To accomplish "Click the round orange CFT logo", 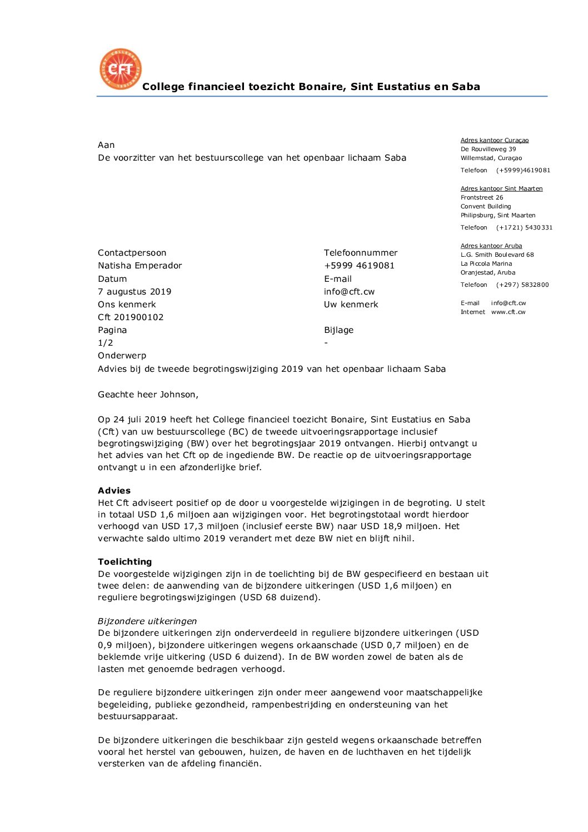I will pos(120,69).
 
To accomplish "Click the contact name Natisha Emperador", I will pos(139,266).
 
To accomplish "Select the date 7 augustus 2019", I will pos(134,292).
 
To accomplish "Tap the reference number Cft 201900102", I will pos(131,317).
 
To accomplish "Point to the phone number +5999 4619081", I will pos(359,266).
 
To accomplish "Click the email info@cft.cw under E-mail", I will pos(349,292).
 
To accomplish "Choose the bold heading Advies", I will pos(114,491).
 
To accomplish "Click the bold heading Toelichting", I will pos(124,562).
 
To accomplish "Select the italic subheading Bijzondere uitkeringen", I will pos(147,621).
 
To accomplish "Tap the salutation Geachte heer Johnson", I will pos(148,395).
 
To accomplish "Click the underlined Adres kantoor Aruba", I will pos(491,246).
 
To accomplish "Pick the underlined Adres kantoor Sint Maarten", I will pos(501,188).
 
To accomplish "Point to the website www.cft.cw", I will pos(508,312).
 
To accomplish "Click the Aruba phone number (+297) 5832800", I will pos(522,285).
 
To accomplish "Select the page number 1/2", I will pos(105,343).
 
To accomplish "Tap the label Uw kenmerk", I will pos(351,305).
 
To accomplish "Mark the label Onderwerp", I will pos(122,356).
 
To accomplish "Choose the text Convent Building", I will pos(485,206).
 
